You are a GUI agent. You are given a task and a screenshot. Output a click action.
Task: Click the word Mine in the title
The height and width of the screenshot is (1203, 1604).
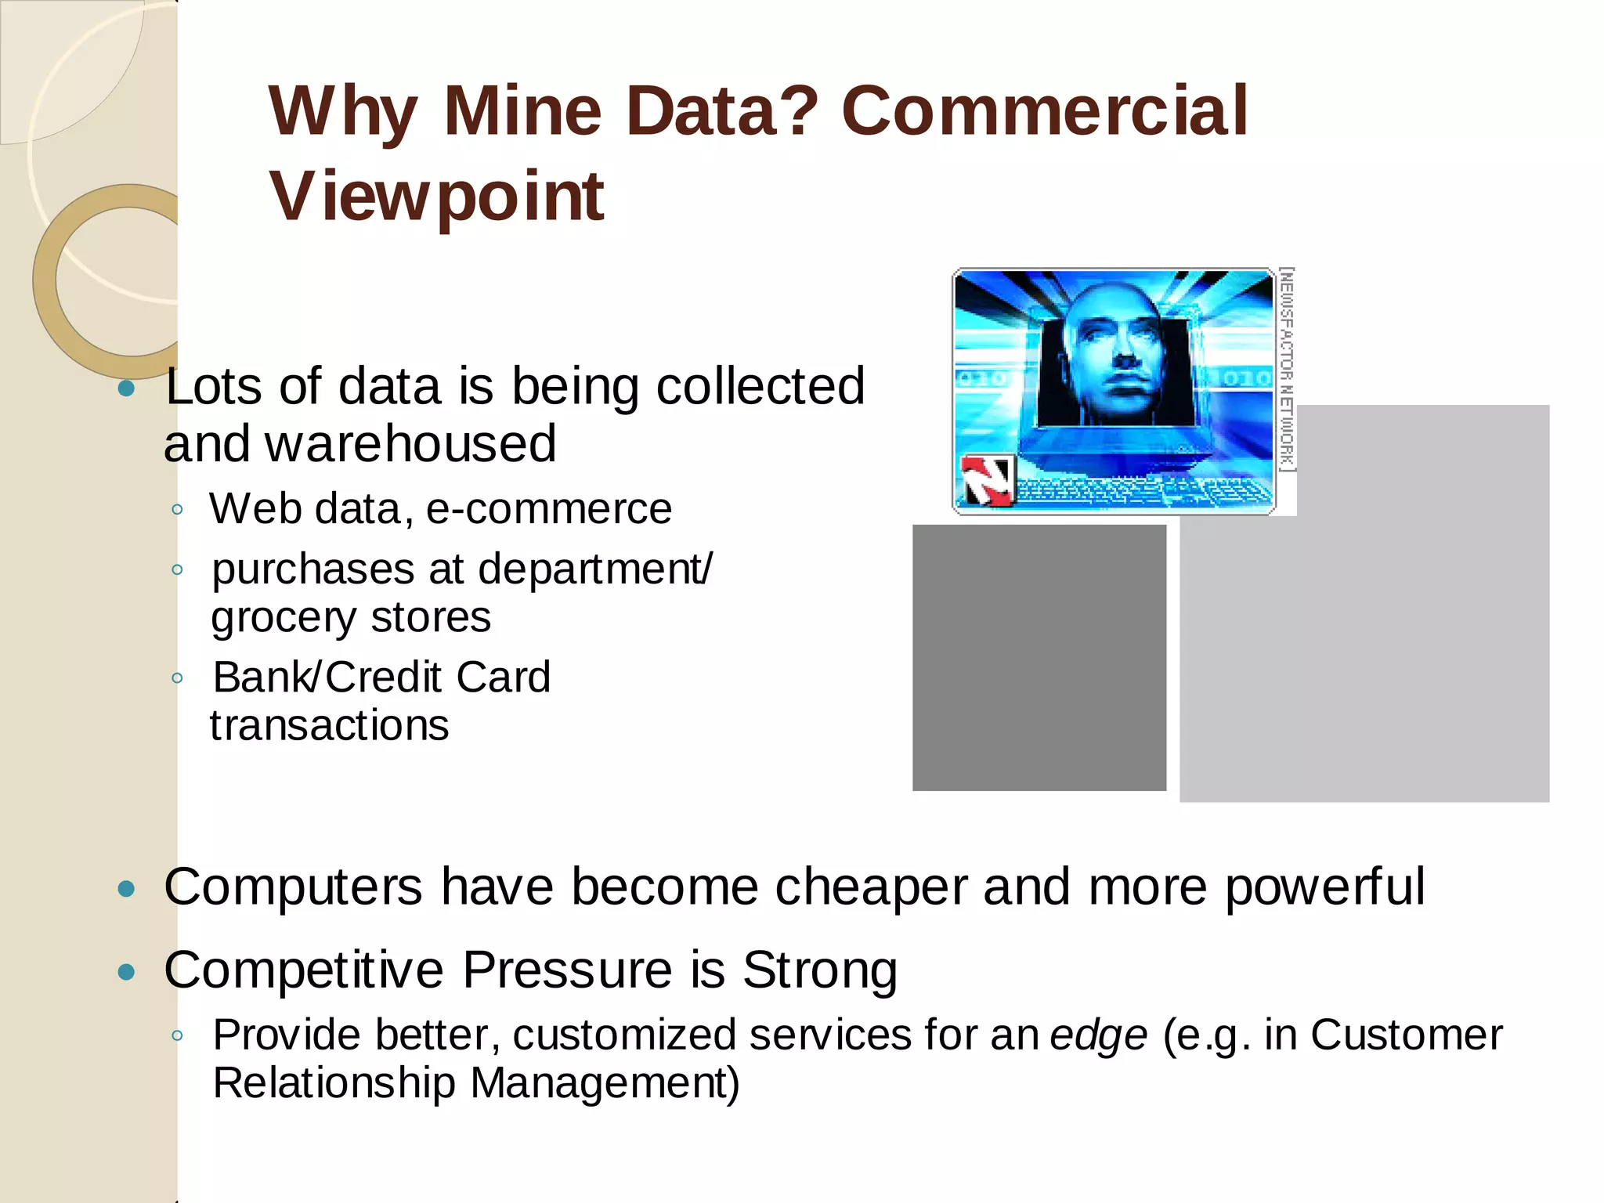[522, 111]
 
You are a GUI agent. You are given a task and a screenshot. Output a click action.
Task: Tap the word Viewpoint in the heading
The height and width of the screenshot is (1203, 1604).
[436, 196]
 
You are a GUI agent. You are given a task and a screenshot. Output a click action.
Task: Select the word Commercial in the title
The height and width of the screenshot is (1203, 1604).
[1044, 111]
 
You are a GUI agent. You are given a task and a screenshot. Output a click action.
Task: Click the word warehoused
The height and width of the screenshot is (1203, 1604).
[410, 444]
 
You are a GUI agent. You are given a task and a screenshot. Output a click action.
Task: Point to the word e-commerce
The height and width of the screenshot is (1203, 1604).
[548, 509]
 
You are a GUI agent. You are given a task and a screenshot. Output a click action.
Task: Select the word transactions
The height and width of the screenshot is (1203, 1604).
[330, 725]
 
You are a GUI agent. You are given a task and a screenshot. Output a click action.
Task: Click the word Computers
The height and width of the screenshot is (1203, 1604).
[294, 887]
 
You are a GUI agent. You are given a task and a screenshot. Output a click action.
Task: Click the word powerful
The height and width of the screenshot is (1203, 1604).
[1324, 887]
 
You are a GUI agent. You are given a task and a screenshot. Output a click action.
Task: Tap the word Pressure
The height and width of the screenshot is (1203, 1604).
[567, 970]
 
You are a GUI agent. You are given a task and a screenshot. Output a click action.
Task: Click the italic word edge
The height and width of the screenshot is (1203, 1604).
[1099, 1035]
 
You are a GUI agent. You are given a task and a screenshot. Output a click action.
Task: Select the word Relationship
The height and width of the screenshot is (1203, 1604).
[334, 1084]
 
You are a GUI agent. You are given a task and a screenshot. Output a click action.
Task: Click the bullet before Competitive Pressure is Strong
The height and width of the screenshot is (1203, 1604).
[126, 972]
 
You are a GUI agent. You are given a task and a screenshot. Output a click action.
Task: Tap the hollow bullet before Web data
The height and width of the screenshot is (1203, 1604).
[178, 510]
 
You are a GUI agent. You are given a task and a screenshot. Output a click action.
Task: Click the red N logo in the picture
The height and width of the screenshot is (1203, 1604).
[986, 480]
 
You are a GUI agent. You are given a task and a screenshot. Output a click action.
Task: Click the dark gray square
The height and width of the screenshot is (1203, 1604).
[1039, 658]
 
